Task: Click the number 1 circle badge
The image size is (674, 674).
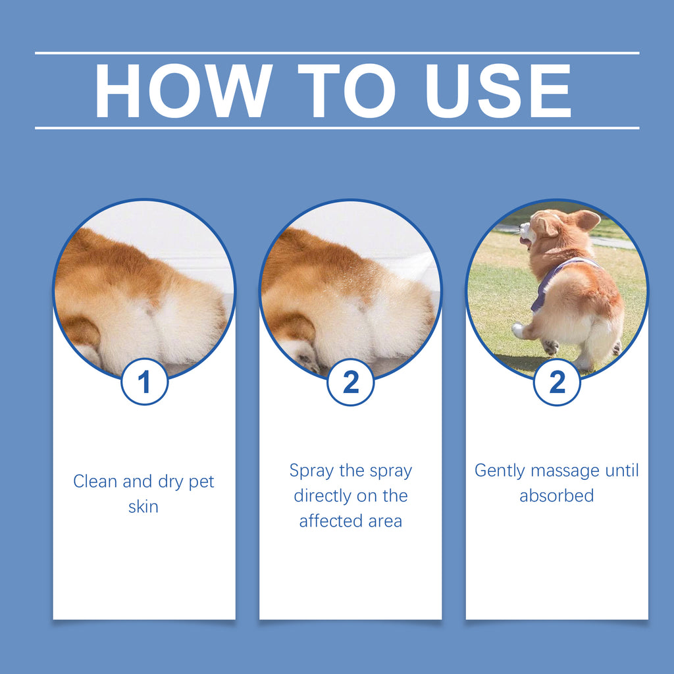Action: pyautogui.click(x=144, y=382)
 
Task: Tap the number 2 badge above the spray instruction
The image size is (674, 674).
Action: pyautogui.click(x=351, y=382)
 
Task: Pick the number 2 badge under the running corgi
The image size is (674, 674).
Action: pyautogui.click(x=557, y=382)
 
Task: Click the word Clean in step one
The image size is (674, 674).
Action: pyautogui.click(x=95, y=482)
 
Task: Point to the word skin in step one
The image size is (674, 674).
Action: pyautogui.click(x=143, y=507)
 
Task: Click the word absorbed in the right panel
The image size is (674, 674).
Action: pyautogui.click(x=556, y=496)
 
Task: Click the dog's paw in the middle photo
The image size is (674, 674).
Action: pyautogui.click(x=304, y=359)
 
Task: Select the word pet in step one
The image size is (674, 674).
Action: pyautogui.click(x=201, y=482)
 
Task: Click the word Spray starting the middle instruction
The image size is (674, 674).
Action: pyautogui.click(x=311, y=471)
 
